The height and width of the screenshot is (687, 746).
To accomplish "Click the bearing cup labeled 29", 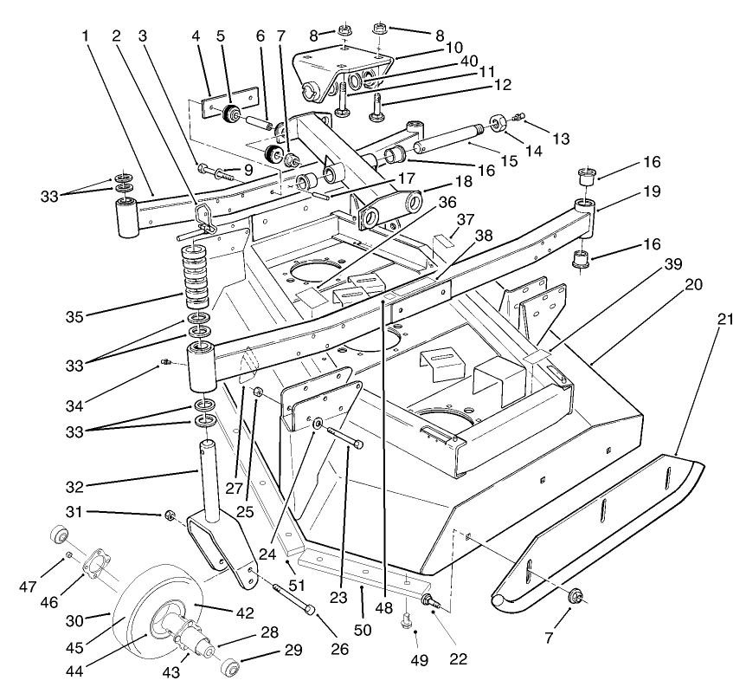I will (x=229, y=670).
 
